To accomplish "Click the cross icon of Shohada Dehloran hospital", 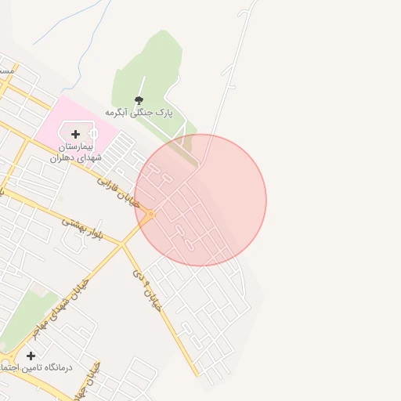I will pyautogui.click(x=75, y=135).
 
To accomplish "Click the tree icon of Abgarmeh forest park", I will pyautogui.click(x=139, y=99).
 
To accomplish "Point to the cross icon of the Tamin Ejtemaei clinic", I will pyautogui.click(x=31, y=356).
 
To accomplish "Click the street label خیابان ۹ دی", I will pyautogui.click(x=146, y=291).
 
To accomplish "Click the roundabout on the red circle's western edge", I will pyautogui.click(x=150, y=214).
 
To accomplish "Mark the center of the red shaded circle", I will pyautogui.click(x=200, y=200).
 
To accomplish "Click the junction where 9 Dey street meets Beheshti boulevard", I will pyautogui.click(x=122, y=245).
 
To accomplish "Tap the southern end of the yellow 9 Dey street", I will pyautogui.click(x=197, y=374).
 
